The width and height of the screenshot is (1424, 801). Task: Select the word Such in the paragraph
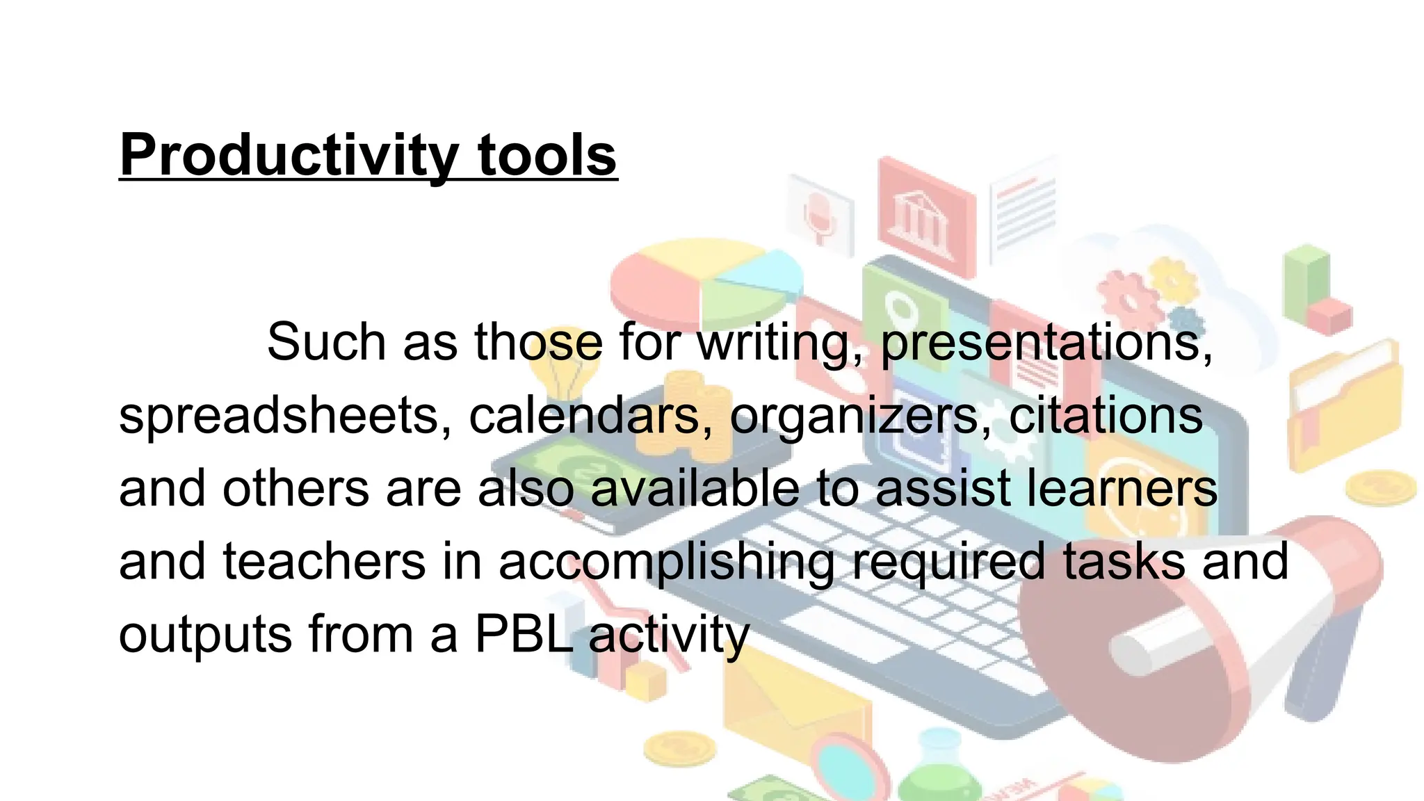pos(326,342)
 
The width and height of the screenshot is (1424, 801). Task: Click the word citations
pos(1106,416)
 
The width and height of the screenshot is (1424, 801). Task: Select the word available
pos(695,489)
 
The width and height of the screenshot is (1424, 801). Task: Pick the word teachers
pos(324,562)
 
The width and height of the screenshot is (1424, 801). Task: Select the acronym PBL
pos(524,634)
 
